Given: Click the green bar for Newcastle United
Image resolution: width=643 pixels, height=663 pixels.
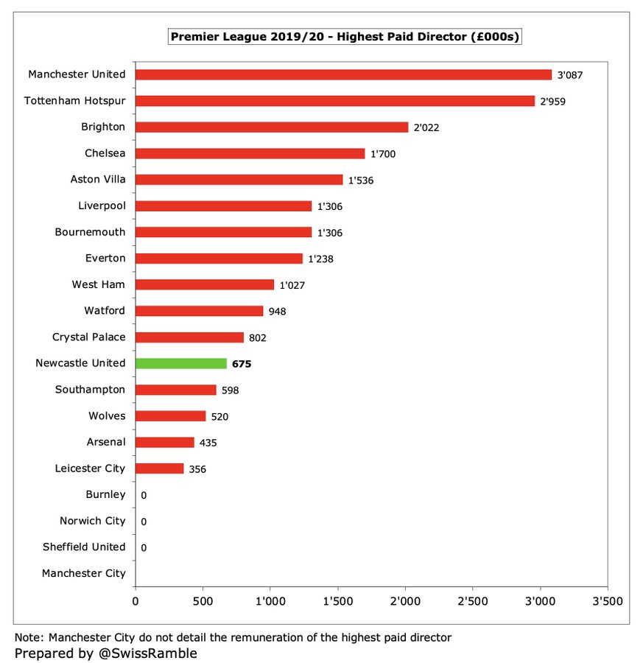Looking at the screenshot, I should coord(181,363).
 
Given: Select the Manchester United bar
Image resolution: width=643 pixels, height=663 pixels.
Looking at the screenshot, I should coord(343,74).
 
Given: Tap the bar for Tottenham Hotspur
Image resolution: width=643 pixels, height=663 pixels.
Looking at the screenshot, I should coord(335,101).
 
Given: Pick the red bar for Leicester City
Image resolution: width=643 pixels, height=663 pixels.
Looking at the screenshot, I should coord(160,469).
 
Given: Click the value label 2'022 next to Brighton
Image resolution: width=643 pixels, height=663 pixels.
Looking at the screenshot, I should coord(426,127).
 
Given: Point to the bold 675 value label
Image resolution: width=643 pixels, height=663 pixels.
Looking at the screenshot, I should coord(241,364).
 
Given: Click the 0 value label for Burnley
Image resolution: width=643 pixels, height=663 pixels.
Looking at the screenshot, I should coord(144,495).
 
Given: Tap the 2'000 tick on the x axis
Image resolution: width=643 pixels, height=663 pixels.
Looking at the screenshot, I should coord(405,601).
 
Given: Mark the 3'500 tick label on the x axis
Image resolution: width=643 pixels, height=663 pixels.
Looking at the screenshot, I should coord(608,601).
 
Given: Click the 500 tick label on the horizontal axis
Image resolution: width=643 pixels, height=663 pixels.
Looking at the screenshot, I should coord(203,601).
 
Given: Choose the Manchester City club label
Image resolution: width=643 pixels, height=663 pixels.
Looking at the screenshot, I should coord(84,573).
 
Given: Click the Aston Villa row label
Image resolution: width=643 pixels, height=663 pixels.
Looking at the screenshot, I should coord(98,179).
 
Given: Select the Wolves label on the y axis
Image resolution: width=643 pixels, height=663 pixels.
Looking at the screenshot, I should coord(107,415).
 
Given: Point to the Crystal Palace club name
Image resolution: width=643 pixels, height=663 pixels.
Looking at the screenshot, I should coord(89,337).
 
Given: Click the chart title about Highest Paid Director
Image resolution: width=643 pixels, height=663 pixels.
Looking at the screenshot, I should coord(345,36).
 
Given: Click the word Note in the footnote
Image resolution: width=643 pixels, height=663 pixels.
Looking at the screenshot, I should coord(28,636).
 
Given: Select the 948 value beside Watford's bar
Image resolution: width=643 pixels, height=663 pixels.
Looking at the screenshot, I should coord(277,312).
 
